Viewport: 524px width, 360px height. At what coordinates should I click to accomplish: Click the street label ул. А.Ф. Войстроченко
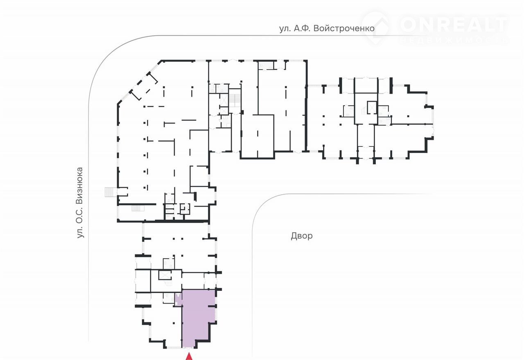(x=327, y=29)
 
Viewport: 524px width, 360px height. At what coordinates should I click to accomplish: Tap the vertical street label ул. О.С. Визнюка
(x=80, y=202)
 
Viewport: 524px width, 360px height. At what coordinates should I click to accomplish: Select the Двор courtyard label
(x=302, y=236)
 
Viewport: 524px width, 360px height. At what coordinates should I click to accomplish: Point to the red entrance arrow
(x=189, y=358)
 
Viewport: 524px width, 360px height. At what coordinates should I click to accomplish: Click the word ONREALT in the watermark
(x=454, y=25)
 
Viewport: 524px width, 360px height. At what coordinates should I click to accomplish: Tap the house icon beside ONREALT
(x=376, y=28)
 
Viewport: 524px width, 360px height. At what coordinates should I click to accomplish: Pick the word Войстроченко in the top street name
(x=344, y=29)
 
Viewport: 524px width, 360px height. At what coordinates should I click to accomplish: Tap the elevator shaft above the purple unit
(x=165, y=275)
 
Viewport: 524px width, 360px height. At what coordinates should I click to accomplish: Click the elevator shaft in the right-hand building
(x=372, y=107)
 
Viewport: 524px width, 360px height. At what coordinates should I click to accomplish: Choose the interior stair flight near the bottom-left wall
(x=138, y=208)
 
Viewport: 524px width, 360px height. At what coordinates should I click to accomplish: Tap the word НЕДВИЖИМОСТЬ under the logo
(x=454, y=40)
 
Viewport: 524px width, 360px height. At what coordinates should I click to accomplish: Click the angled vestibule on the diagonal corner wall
(x=144, y=86)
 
